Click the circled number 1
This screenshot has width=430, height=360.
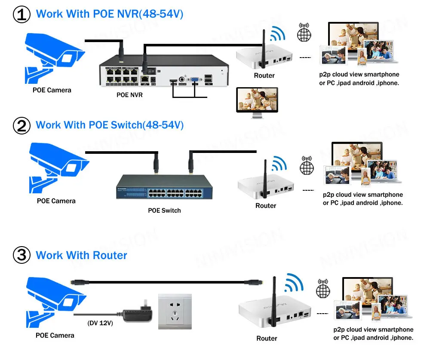pos(21,14)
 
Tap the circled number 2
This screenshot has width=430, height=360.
pos(21,125)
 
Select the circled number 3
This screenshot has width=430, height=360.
pos(21,256)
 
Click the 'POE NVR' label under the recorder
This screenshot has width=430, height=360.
pos(129,95)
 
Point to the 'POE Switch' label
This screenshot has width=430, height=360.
pos(164,211)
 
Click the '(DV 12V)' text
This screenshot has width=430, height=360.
pos(100,323)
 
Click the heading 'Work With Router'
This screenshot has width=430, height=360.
pos(82,256)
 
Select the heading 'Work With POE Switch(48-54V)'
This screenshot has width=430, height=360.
pos(110,125)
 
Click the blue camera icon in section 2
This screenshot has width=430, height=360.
pos(56,168)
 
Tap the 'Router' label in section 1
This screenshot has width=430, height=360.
pos(264,76)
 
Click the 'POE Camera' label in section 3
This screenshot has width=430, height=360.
pos(55,336)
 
